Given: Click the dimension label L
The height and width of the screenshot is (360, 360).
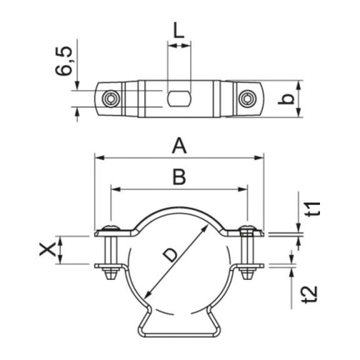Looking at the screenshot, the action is [x=179, y=30].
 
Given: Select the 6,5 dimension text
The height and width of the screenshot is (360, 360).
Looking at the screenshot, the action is [x=64, y=61].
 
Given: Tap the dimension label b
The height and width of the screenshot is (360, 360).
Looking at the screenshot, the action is [x=286, y=99].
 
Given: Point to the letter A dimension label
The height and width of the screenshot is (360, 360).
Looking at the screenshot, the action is [x=179, y=146].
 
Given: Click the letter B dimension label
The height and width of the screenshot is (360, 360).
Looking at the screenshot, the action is [x=179, y=177].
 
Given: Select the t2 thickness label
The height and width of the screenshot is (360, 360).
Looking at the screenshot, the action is [x=311, y=294].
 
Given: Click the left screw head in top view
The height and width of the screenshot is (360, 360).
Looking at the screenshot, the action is [x=111, y=99].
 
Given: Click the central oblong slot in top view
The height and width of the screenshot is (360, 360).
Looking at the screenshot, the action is [x=179, y=99].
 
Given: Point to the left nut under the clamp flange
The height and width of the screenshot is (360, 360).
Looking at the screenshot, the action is [x=111, y=274].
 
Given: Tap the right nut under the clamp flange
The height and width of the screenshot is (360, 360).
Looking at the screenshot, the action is [x=247, y=274].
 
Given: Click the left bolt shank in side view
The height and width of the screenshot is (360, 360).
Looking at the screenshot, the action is [x=111, y=250].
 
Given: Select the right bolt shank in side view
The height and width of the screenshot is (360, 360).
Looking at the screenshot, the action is [x=247, y=250].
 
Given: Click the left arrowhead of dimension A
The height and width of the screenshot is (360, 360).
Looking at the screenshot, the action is [x=99, y=157].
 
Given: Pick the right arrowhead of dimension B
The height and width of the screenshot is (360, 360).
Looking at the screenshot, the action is [x=243, y=189].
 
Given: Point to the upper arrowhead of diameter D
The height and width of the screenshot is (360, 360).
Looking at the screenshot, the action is [x=205, y=229].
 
